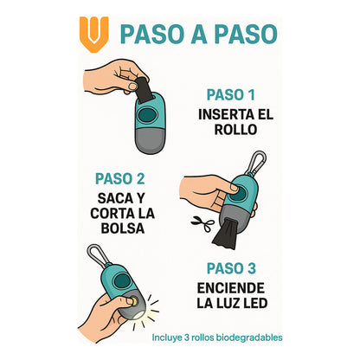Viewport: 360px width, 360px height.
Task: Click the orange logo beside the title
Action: click(x=89, y=32)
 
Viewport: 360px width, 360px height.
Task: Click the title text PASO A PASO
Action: click(x=199, y=34)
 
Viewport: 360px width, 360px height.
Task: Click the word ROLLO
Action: click(x=237, y=130)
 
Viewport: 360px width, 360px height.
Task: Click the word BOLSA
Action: click(x=122, y=228)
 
